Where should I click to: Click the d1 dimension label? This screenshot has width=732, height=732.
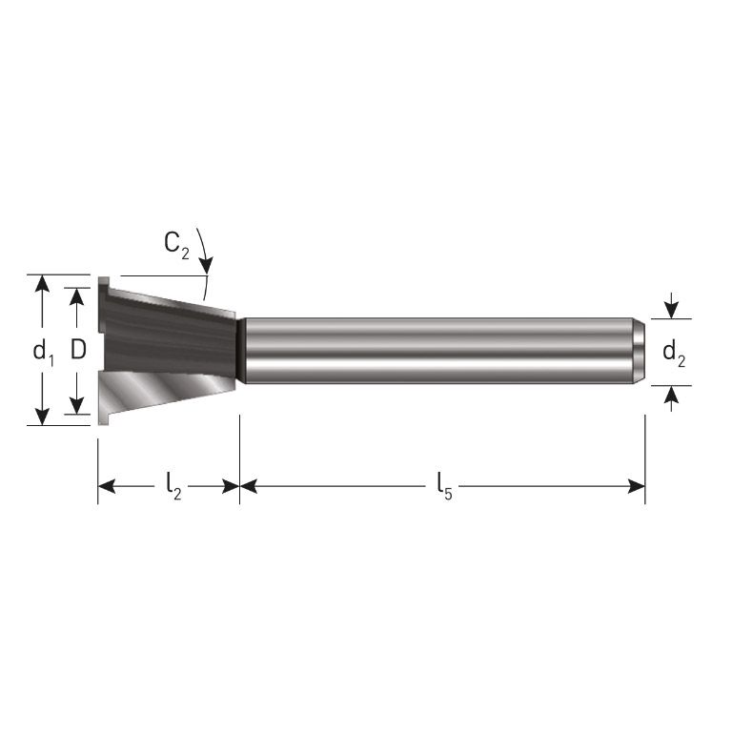coord(43,352)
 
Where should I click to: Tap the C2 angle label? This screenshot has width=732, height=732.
coord(177,244)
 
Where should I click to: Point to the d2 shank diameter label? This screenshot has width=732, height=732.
coord(674,354)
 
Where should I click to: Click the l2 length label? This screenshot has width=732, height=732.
coord(173,487)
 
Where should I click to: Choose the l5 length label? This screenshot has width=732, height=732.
coord(444,487)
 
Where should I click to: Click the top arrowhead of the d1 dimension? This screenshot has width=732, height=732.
coord(42,283)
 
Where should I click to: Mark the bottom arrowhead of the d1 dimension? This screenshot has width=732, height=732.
coord(42,417)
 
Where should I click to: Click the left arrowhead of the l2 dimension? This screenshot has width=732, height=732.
coord(106,487)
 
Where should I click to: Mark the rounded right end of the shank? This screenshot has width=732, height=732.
coord(639,351)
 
